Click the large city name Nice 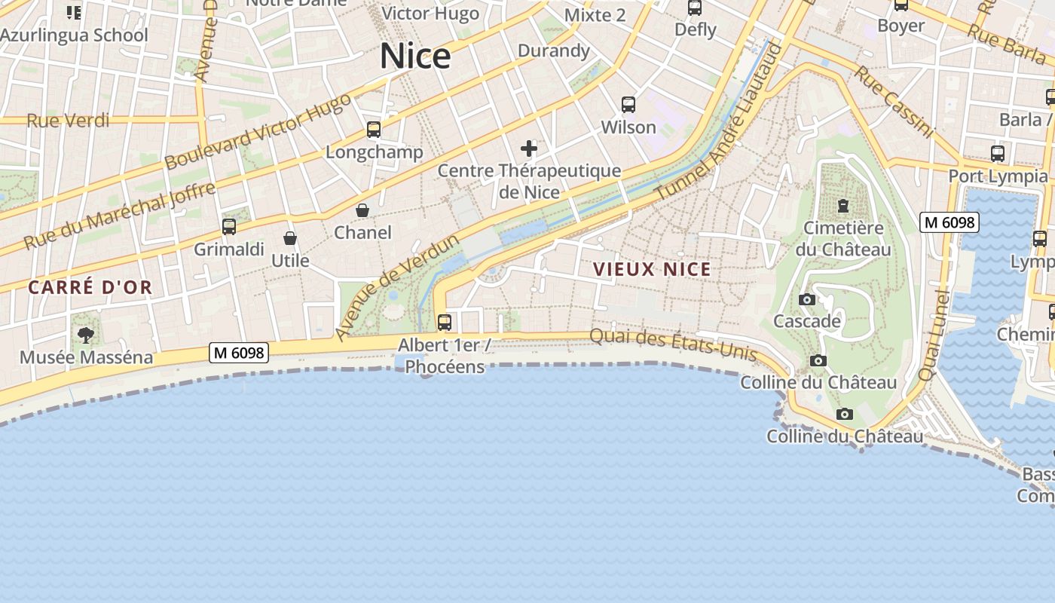pyautogui.click(x=415, y=57)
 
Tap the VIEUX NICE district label pyautogui.click(x=652, y=269)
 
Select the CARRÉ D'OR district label pyautogui.click(x=90, y=287)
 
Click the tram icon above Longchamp pyautogui.click(x=374, y=130)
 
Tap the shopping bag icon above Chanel pyautogui.click(x=362, y=210)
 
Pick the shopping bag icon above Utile pyautogui.click(x=290, y=239)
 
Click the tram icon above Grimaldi pyautogui.click(x=229, y=226)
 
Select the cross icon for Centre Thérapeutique pyautogui.click(x=529, y=148)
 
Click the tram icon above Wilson pyautogui.click(x=628, y=105)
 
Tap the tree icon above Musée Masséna pyautogui.click(x=86, y=335)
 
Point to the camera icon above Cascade pyautogui.click(x=807, y=300)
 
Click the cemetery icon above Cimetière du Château pyautogui.click(x=843, y=205)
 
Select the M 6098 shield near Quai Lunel pyautogui.click(x=949, y=222)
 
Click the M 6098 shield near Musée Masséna pyautogui.click(x=239, y=352)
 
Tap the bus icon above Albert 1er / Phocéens pyautogui.click(x=445, y=323)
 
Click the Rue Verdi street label pyautogui.click(x=68, y=121)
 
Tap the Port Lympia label pyautogui.click(x=998, y=176)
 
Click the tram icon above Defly pyautogui.click(x=695, y=8)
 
